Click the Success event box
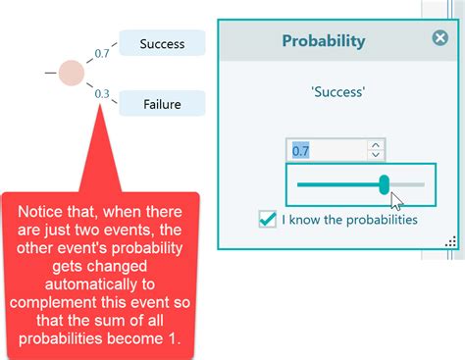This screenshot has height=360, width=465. point(162,43)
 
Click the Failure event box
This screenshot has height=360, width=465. point(162,103)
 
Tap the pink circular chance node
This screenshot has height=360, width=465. point(72,73)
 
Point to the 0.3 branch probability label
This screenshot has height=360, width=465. point(101,94)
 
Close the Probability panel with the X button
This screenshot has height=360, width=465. point(439,38)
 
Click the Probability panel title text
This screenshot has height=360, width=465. point(323,41)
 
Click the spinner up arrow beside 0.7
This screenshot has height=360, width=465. point(375,145)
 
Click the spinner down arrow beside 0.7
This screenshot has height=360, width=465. point(375,155)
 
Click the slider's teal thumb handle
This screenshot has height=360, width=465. point(385,183)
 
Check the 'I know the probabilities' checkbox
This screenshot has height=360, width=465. point(267,219)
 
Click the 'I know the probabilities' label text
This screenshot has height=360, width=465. point(349,219)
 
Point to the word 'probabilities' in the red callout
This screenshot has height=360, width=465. point(58,339)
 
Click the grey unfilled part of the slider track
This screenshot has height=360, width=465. point(408,183)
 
